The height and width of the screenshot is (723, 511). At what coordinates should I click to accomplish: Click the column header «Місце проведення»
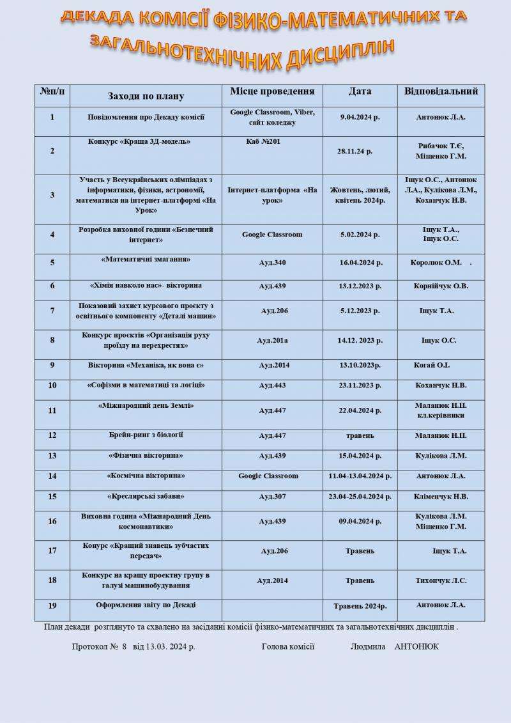coord(272,91)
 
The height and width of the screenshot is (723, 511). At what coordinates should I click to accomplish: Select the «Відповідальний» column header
coord(441,91)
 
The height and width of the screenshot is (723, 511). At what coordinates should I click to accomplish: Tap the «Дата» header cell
coord(360,91)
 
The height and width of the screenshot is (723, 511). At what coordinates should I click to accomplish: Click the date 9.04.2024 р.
coord(360,117)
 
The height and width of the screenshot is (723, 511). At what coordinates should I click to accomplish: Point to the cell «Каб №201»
coord(263,141)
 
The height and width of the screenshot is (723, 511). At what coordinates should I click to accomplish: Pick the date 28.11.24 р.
coord(355,152)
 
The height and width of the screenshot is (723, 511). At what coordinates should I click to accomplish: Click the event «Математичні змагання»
coord(146,260)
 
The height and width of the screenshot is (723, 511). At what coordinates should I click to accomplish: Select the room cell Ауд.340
coord(272,263)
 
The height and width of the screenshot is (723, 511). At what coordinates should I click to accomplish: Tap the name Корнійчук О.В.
coord(441,286)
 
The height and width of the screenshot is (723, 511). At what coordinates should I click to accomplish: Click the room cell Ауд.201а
coord(272,341)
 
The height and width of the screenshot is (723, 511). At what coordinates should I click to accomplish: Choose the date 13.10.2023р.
coord(360,365)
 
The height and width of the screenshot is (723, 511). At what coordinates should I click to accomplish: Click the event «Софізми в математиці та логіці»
coord(146,385)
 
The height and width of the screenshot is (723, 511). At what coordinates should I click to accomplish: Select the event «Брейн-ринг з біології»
coord(146,435)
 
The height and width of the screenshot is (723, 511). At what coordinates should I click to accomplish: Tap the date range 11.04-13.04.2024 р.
coord(360,476)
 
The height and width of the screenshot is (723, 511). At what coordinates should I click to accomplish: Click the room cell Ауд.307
coord(272,497)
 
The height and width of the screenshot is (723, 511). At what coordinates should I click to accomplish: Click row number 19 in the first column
coord(52,605)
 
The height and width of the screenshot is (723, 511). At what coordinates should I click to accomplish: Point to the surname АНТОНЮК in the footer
coord(416,647)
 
